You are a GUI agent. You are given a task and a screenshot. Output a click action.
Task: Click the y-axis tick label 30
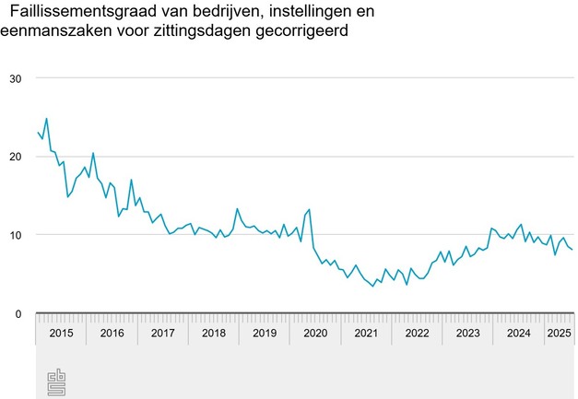click(x=15, y=78)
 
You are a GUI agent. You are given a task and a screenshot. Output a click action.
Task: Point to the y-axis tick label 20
click(x=15, y=157)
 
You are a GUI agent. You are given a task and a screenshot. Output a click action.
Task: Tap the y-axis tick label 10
click(x=15, y=235)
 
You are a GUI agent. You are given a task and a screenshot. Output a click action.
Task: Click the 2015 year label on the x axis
click(x=61, y=333)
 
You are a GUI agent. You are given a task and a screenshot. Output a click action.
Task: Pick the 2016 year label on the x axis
click(x=112, y=333)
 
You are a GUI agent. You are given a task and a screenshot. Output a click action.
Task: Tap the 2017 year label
click(x=162, y=333)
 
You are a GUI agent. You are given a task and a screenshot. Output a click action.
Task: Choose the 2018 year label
click(x=213, y=333)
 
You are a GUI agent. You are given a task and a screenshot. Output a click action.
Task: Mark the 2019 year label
click(x=264, y=333)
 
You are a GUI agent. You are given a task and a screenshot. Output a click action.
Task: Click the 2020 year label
click(x=314, y=333)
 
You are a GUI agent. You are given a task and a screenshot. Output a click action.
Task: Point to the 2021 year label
click(x=365, y=333)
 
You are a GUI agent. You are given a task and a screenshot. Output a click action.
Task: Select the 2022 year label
click(x=416, y=333)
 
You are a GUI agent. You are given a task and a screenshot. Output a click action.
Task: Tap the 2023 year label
click(x=466, y=333)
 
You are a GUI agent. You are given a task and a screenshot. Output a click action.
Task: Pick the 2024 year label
click(x=517, y=333)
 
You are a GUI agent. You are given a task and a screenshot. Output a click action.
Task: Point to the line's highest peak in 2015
click(x=46, y=119)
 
